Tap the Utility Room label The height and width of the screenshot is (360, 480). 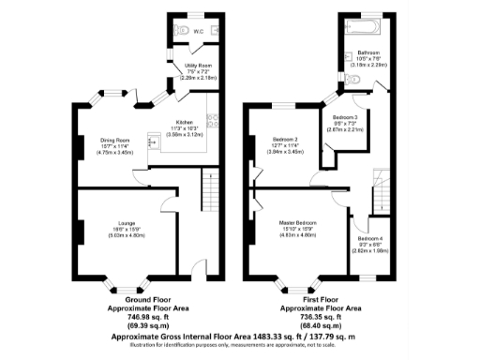(197, 65)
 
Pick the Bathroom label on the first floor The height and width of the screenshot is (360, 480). (367, 52)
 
